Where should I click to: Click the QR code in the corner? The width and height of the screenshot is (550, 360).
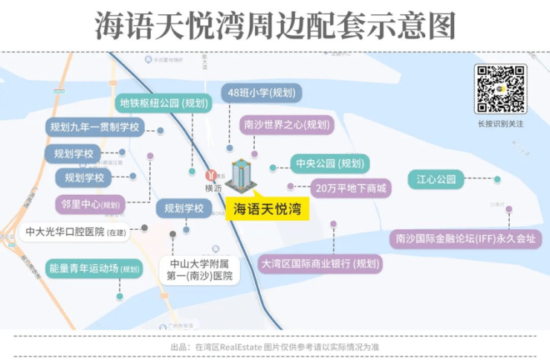[x=500, y=89]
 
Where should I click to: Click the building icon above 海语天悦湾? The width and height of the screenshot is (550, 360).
[x=240, y=176]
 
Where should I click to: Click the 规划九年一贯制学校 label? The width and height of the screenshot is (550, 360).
[x=94, y=127]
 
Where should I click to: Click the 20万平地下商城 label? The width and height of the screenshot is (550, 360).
[x=351, y=188]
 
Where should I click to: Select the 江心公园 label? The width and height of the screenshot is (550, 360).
[x=436, y=179]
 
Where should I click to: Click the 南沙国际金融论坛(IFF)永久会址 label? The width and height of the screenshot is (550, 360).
[x=466, y=239]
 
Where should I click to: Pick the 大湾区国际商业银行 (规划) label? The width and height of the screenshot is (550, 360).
[x=320, y=263]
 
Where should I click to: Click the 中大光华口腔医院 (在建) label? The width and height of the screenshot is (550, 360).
[x=76, y=232]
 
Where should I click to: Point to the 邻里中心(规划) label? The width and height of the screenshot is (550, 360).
[x=91, y=204]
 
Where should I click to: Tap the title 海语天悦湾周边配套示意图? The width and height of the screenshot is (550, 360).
[x=274, y=26]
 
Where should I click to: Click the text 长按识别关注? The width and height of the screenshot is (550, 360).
[x=500, y=123]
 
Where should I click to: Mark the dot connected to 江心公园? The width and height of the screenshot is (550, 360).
[x=497, y=179]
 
